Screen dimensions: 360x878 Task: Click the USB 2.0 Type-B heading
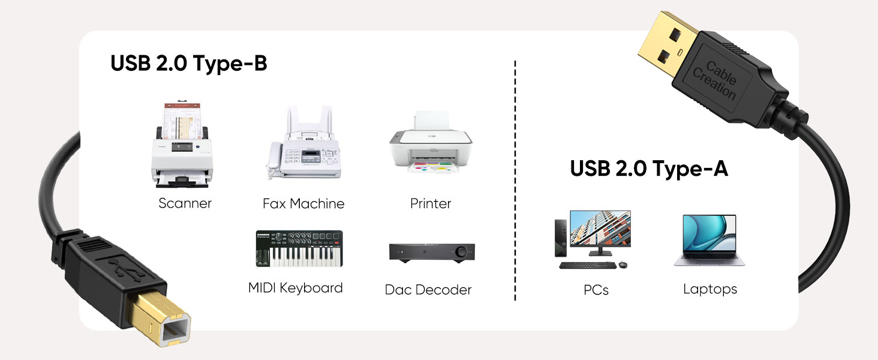pos(188,63)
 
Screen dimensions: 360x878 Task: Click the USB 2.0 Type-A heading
pos(649,169)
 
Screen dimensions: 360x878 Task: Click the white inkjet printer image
pos(430,142)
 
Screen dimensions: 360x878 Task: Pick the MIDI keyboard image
pos(296,249)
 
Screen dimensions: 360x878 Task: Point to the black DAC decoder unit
pos(431,252)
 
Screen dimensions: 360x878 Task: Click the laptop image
pos(709,240)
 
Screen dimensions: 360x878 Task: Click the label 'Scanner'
pos(185,203)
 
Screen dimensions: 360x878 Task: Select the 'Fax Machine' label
pos(303,204)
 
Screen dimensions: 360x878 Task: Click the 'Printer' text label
pos(430,204)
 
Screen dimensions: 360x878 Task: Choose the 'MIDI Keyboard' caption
pos(296,288)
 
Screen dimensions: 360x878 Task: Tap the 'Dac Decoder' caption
pos(428,290)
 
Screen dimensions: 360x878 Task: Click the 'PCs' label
pos(596,290)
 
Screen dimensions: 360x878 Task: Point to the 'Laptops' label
pos(710,289)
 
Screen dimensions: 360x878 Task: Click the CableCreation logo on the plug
pos(715,79)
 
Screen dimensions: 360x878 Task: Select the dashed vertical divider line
pos(515,180)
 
